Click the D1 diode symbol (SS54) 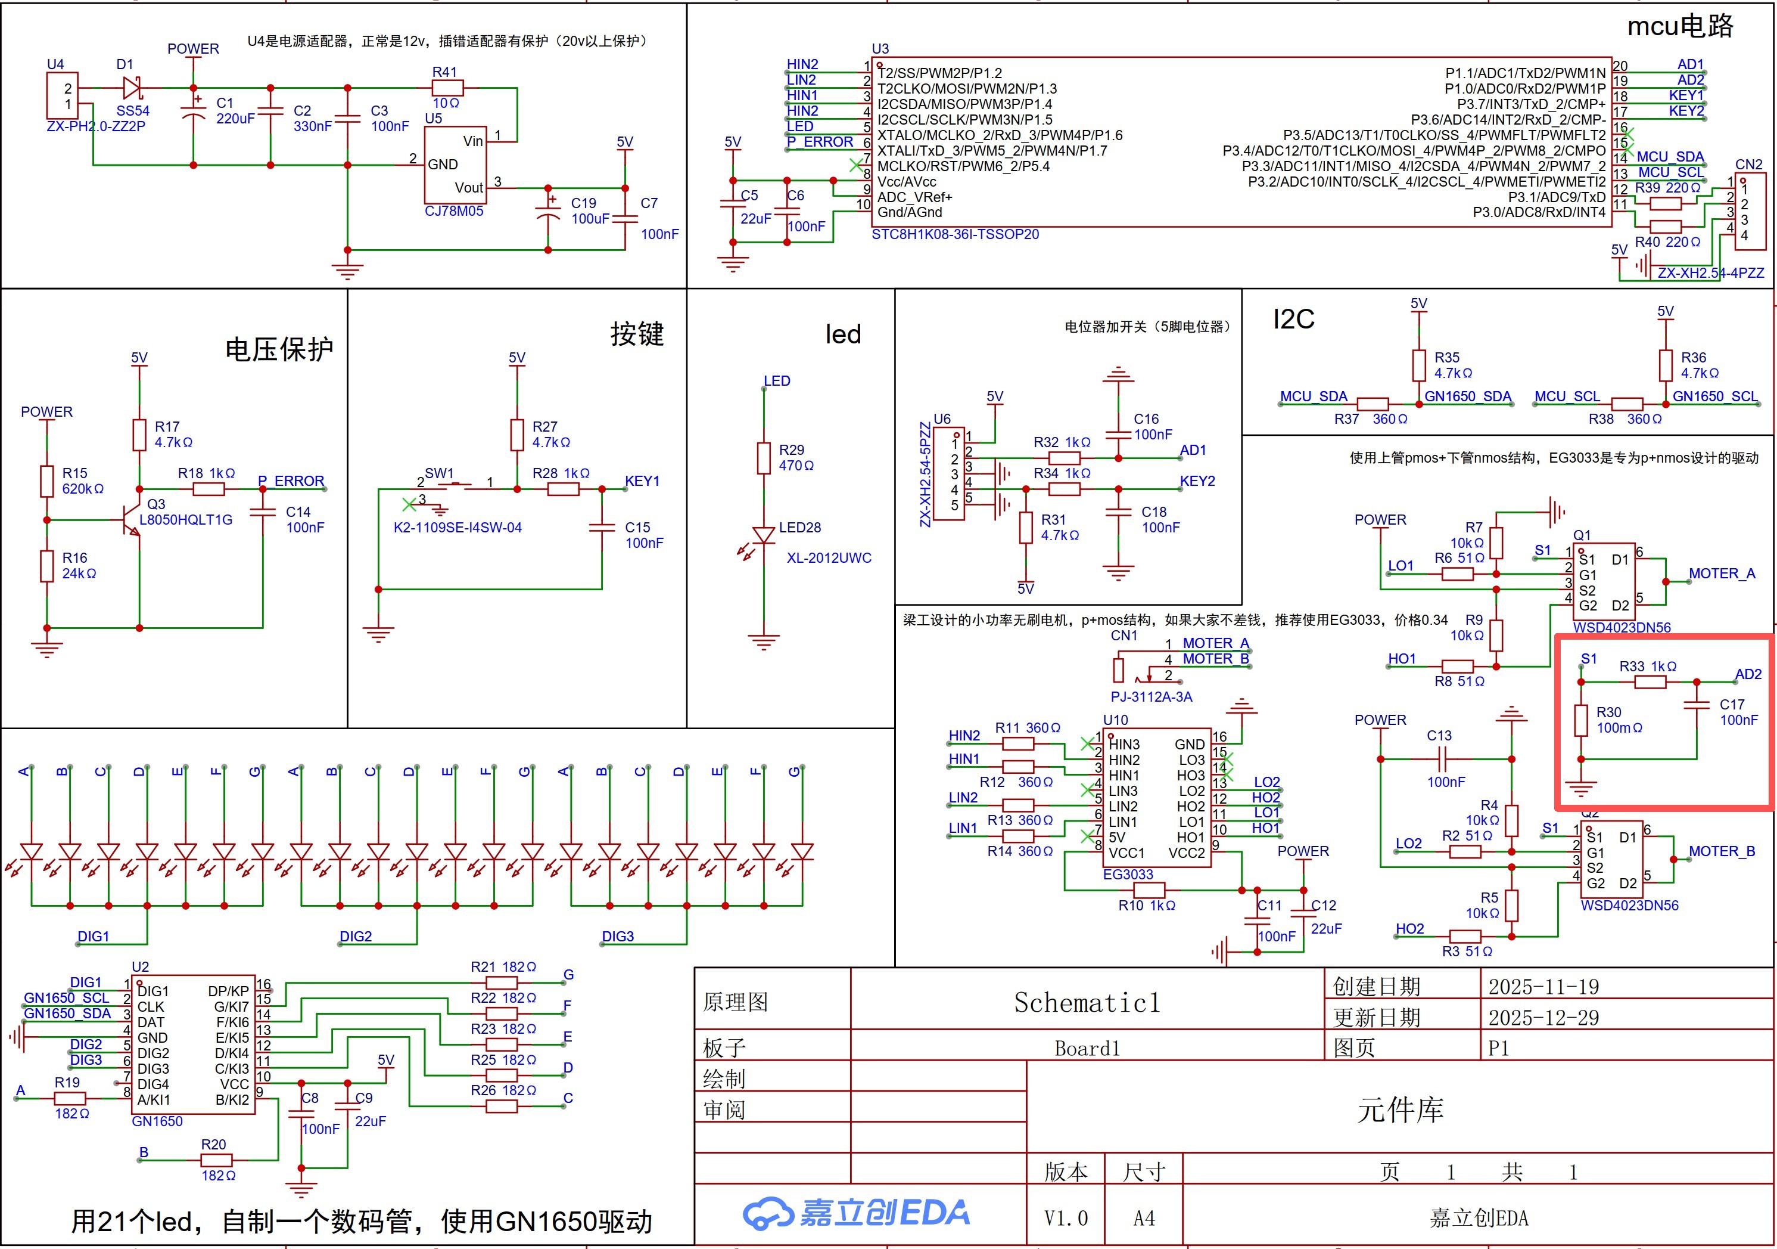132,88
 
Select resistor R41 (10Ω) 447,88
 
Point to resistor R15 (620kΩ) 47,481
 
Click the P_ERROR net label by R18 291,481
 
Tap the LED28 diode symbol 764,535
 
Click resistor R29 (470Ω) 764,458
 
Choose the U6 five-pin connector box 949,474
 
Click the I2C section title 1293,319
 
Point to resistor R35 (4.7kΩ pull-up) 1418,365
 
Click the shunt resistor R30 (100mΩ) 1581,720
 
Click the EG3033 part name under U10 1128,874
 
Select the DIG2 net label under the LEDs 355,936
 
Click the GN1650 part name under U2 157,1121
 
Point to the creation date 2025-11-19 1543,987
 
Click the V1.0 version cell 1066,1218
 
